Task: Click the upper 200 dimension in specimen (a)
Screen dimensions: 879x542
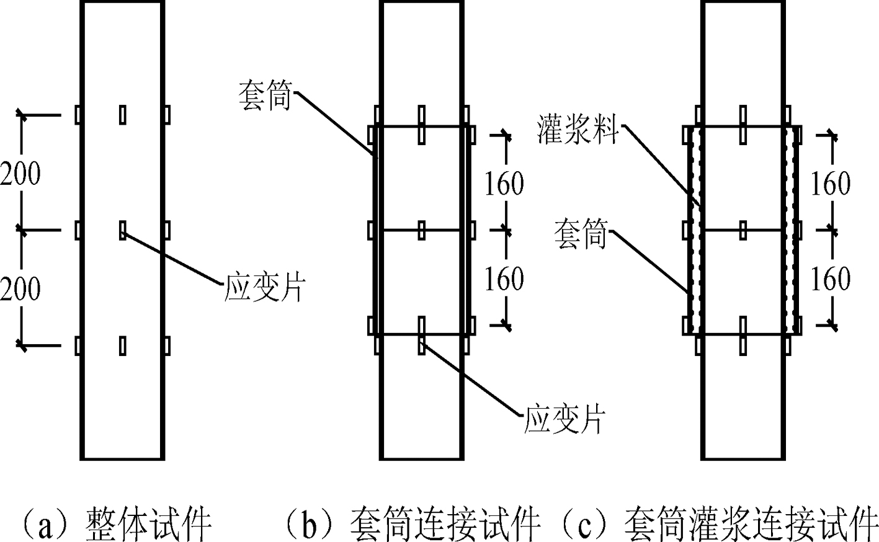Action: [x=20, y=174]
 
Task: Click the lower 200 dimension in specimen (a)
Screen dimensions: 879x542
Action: [x=20, y=289]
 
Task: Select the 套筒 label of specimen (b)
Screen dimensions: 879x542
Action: [x=265, y=96]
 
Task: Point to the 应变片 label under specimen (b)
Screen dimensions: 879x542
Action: [x=565, y=419]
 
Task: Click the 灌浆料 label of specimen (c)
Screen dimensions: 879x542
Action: [x=578, y=128]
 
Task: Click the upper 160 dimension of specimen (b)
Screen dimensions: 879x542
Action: [x=505, y=184]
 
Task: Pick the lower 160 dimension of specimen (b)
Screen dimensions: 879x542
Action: [x=505, y=279]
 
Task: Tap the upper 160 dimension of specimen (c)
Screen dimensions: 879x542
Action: [x=831, y=184]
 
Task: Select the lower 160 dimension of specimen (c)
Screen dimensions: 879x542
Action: [x=831, y=279]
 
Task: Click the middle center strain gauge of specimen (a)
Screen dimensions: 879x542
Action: [x=123, y=230]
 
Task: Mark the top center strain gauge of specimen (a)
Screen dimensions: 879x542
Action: [x=123, y=115]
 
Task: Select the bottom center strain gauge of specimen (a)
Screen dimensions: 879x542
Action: [x=123, y=346]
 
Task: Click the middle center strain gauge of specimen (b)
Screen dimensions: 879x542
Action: [x=422, y=230]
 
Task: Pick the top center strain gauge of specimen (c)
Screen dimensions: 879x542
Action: [x=743, y=125]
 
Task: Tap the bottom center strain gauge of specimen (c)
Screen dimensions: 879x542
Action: [x=743, y=335]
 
